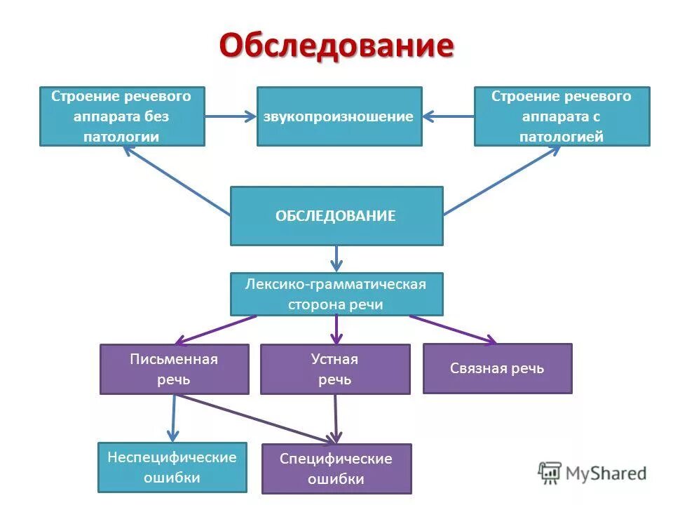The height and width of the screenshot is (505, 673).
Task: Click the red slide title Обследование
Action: pyautogui.click(x=336, y=47)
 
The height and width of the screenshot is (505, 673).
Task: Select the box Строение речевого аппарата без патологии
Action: pyautogui.click(x=122, y=116)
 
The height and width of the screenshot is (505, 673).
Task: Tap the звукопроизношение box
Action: pyautogui.click(x=339, y=116)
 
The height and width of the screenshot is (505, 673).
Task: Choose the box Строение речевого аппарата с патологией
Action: pyautogui.click(x=562, y=116)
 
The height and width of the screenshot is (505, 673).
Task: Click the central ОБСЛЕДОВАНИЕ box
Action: pyautogui.click(x=336, y=216)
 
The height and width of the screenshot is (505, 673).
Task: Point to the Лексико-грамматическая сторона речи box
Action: pyautogui.click(x=336, y=294)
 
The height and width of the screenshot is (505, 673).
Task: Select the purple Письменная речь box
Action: pyautogui.click(x=174, y=369)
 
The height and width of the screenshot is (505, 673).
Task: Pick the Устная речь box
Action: pyautogui.click(x=335, y=369)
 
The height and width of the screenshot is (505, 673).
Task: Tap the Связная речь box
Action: pyautogui.click(x=497, y=368)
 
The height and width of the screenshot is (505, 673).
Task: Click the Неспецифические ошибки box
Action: pyautogui.click(x=172, y=467)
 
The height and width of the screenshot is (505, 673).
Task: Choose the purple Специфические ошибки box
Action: pyautogui.click(x=336, y=469)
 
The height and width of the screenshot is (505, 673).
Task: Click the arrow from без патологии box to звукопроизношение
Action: pyautogui.click(x=231, y=116)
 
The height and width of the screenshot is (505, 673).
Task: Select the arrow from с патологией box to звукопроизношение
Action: pyautogui.click(x=448, y=116)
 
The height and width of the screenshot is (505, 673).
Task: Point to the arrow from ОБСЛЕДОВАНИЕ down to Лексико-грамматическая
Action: pyautogui.click(x=336, y=258)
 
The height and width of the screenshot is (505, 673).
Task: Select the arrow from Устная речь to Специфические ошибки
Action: pyautogui.click(x=335, y=418)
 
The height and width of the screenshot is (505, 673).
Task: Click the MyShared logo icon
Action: pyautogui.click(x=550, y=472)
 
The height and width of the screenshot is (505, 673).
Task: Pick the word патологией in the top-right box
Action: pyautogui.click(x=562, y=137)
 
